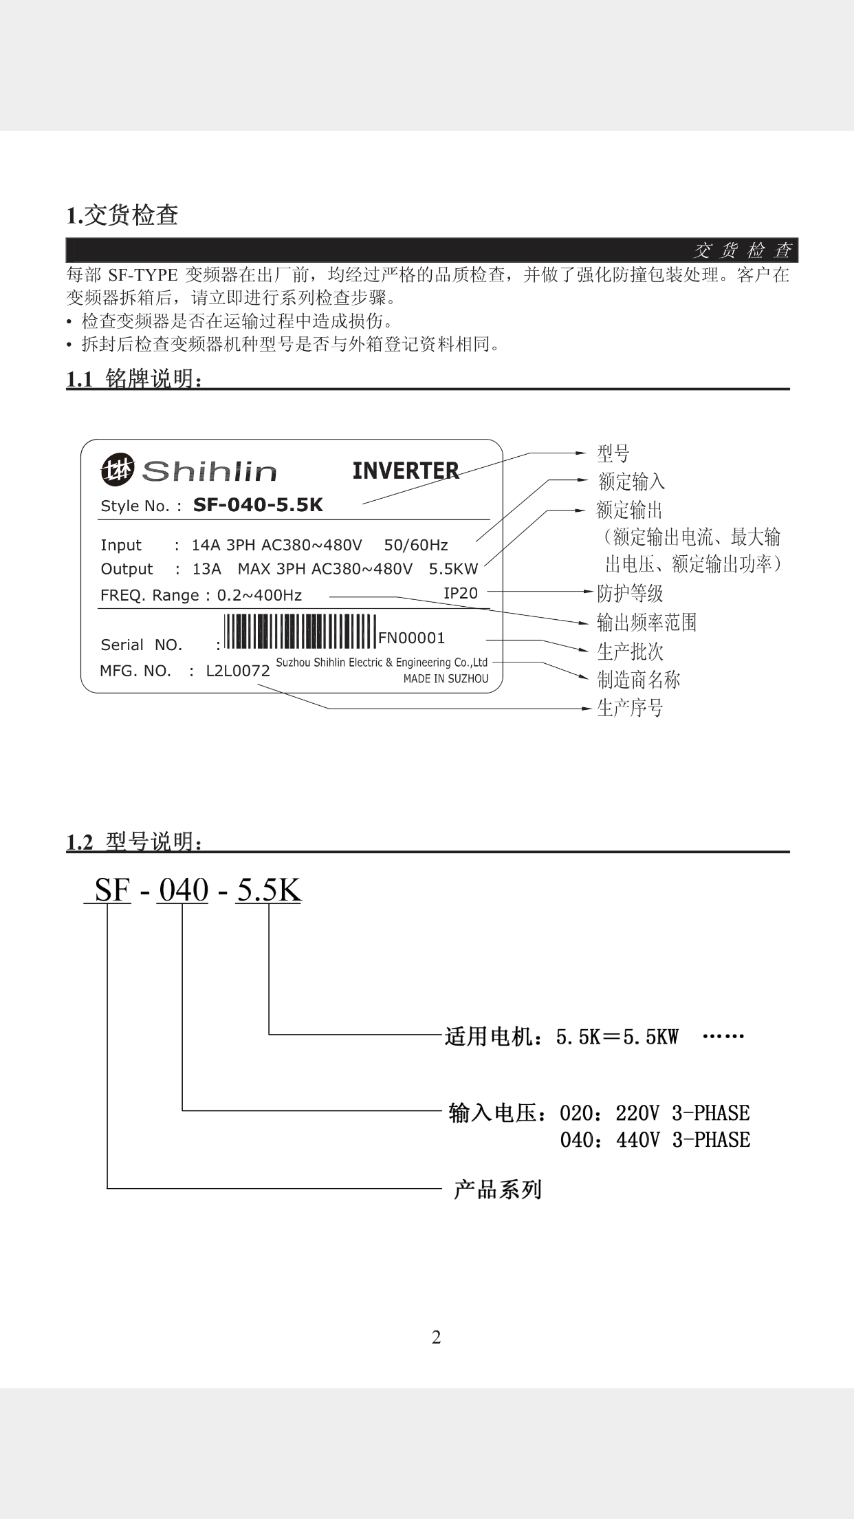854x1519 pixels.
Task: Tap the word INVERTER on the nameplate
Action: coord(405,471)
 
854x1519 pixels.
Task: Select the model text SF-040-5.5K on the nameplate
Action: coord(258,505)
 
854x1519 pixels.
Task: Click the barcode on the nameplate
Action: coord(300,631)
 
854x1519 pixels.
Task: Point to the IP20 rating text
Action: coord(460,592)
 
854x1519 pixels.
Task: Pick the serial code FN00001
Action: coord(411,638)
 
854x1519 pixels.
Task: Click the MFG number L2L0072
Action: coord(238,671)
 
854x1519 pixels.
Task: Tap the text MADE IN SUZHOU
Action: coord(446,678)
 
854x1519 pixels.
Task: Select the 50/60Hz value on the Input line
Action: coord(415,545)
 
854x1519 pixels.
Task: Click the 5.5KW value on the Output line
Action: coord(453,569)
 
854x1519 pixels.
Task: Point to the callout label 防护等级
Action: coord(630,593)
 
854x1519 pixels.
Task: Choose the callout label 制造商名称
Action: coord(638,680)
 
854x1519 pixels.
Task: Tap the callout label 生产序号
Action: coord(630,708)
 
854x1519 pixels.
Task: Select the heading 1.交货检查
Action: coord(122,215)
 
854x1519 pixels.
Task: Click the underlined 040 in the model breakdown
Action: coord(184,890)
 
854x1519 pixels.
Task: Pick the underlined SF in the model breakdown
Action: coord(112,890)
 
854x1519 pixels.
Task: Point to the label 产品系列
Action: coord(497,1189)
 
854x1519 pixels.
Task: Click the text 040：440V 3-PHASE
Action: coord(655,1140)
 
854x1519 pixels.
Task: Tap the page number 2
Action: coord(436,1337)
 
